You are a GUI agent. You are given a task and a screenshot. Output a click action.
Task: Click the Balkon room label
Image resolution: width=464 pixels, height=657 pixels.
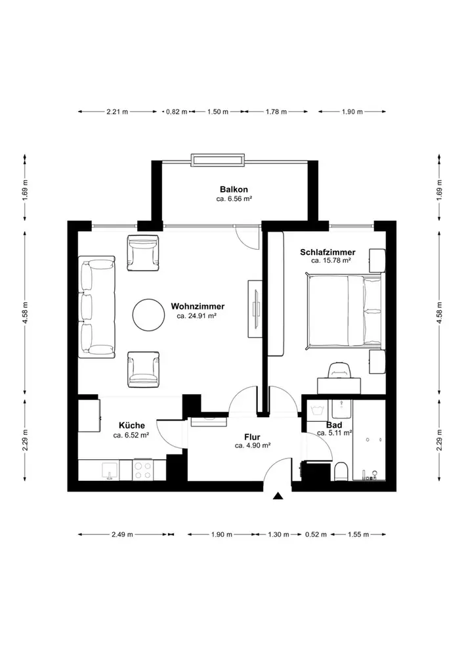pyautogui.click(x=234, y=189)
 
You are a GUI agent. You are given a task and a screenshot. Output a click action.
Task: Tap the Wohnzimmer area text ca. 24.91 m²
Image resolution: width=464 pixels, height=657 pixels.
pyautogui.click(x=196, y=316)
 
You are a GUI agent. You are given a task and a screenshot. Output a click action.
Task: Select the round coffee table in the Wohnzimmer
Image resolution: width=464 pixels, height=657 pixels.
pyautogui.click(x=148, y=314)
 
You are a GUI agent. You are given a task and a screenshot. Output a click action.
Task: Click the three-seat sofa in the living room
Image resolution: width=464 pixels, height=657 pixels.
pyautogui.click(x=96, y=307)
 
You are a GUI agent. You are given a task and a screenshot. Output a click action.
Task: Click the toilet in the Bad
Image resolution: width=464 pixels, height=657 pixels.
pyautogui.click(x=341, y=471)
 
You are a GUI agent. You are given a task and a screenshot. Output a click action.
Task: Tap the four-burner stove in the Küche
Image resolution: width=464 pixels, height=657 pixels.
pyautogui.click(x=142, y=470)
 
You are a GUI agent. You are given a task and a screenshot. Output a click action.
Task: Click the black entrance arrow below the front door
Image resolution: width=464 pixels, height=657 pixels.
pyautogui.click(x=278, y=496)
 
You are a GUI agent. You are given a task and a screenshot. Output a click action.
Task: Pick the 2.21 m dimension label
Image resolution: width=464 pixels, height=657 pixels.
pyautogui.click(x=117, y=112)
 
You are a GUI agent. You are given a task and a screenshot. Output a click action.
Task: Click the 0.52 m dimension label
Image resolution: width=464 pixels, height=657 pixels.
pyautogui.click(x=316, y=534)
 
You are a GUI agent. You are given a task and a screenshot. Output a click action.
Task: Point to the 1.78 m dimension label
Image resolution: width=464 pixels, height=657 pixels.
pyautogui.click(x=276, y=112)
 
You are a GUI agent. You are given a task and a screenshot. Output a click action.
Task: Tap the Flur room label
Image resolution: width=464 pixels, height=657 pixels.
pyautogui.click(x=252, y=438)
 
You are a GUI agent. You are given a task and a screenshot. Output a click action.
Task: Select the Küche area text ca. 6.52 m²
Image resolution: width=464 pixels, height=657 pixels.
pyautogui.click(x=131, y=435)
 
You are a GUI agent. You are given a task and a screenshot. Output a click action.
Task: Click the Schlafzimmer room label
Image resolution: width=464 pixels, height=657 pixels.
pyautogui.click(x=327, y=252)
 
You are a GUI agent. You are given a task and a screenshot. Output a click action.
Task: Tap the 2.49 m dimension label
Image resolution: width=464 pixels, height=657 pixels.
pyautogui.click(x=122, y=534)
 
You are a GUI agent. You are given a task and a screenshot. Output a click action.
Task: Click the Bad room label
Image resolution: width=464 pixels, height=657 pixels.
pyautogui.click(x=334, y=425)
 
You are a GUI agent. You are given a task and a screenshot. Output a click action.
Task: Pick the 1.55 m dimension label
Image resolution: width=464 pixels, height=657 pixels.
pyautogui.click(x=358, y=534)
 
